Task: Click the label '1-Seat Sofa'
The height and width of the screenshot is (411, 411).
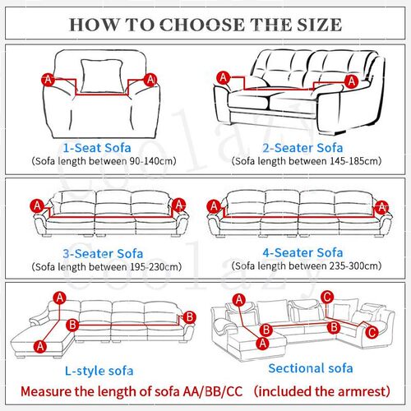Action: pyautogui.click(x=102, y=147)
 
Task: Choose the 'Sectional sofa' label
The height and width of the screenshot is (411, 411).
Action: pyautogui.click(x=310, y=367)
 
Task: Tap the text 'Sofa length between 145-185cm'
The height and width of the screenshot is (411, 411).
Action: pyautogui.click(x=307, y=162)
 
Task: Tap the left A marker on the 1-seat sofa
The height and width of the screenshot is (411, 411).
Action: pyautogui.click(x=48, y=79)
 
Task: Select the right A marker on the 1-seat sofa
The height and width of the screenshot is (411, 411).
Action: pyautogui.click(x=150, y=79)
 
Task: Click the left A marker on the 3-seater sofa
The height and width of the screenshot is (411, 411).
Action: pyautogui.click(x=36, y=205)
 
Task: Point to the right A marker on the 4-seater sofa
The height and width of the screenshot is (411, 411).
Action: pyautogui.click(x=381, y=205)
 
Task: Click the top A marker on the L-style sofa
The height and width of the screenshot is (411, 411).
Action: pyautogui.click(x=59, y=297)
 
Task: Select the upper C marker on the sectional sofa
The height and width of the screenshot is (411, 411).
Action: pyautogui.click(x=326, y=297)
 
